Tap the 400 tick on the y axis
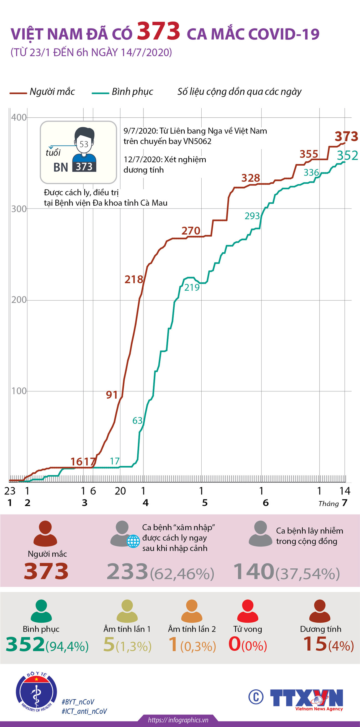pos(19,117)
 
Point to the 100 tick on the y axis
pos(19,391)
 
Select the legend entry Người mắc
pos(42,92)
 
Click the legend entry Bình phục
pos(123,92)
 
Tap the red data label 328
pos(250,178)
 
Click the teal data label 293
pos(252,216)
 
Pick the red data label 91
pos(112,395)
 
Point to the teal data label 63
pos(138,421)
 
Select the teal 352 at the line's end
pos(347,156)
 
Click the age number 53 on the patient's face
pos(84,144)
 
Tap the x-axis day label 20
pos(120,491)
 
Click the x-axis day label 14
pos(345,491)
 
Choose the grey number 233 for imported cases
pos(127,571)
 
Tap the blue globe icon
pos(133,541)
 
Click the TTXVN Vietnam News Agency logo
pos(306,698)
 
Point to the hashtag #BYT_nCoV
pos(78,702)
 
